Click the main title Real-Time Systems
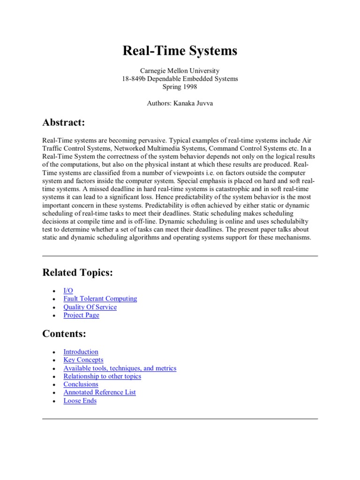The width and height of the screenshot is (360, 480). [180, 51]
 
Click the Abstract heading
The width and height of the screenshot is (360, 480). [64, 122]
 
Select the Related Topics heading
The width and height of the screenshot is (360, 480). [77, 272]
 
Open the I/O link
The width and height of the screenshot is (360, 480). [68, 291]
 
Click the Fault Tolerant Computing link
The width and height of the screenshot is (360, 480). [100, 299]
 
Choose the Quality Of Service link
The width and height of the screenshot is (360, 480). [90, 307]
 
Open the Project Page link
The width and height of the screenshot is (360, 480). [81, 315]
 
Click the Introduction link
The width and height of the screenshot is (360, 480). [81, 352]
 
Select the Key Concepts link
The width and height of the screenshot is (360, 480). [83, 360]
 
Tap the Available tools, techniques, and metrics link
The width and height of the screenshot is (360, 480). [120, 368]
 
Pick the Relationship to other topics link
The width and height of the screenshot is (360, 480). [102, 376]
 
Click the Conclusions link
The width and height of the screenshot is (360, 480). [81, 384]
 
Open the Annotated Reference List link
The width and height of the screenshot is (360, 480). [99, 392]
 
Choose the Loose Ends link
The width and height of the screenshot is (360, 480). [80, 400]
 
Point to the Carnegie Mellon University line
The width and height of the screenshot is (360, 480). [180, 71]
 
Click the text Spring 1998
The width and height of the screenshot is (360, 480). [180, 87]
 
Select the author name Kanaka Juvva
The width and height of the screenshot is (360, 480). [194, 104]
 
